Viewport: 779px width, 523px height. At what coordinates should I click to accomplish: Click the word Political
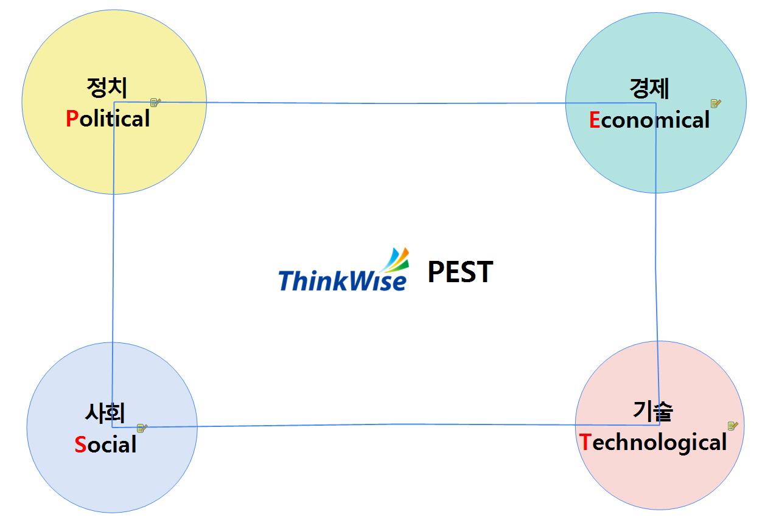(x=108, y=119)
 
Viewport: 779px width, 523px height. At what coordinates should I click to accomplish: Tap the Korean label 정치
(x=107, y=89)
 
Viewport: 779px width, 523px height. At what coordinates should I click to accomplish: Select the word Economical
(x=649, y=120)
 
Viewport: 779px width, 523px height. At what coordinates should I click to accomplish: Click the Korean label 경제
(x=649, y=89)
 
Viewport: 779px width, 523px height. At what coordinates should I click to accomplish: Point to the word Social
(x=105, y=445)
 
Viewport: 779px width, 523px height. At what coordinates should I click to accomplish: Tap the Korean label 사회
(x=105, y=414)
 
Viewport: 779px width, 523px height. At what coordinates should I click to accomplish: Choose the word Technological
(x=653, y=442)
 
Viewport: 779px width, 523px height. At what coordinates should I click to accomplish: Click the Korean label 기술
(x=653, y=411)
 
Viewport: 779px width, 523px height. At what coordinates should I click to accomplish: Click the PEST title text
(x=460, y=272)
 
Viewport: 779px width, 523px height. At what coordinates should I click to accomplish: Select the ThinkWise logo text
(x=342, y=281)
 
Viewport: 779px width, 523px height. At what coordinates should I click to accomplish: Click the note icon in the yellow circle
(x=156, y=103)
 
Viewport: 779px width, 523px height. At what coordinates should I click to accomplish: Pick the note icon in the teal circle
(x=716, y=103)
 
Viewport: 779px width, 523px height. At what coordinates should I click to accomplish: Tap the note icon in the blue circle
(x=142, y=428)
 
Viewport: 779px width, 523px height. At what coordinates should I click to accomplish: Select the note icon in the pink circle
(x=733, y=426)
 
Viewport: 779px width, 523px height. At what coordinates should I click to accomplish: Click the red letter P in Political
(x=72, y=119)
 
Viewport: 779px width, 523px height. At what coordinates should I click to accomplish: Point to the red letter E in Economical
(x=595, y=120)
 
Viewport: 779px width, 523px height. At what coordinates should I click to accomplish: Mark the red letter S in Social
(x=80, y=445)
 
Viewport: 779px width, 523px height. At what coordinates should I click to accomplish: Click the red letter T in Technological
(x=585, y=442)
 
